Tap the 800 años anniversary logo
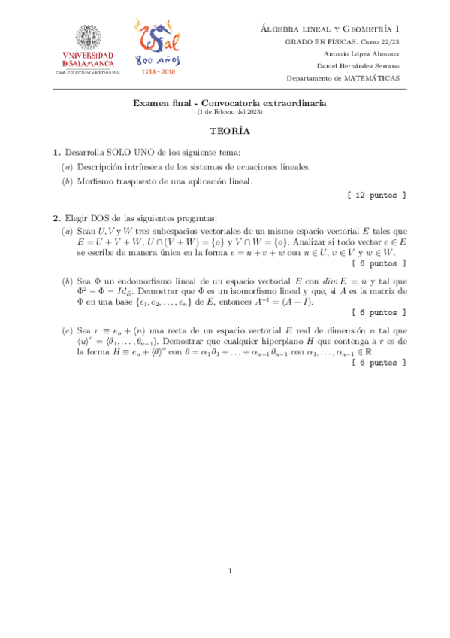[156, 47]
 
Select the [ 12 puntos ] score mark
[378, 195]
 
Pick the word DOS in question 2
[100, 218]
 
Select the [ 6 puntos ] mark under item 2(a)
[380, 263]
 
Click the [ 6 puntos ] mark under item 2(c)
[380, 363]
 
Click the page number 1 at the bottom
[230, 570]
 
